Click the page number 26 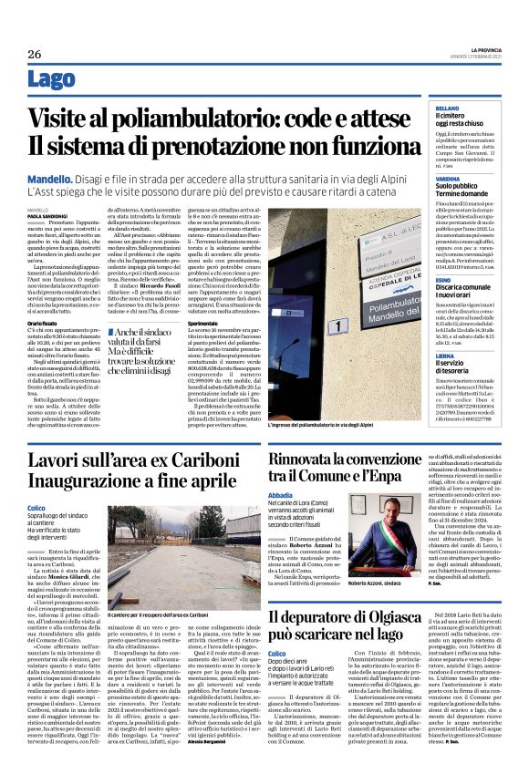[x=35, y=54]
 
